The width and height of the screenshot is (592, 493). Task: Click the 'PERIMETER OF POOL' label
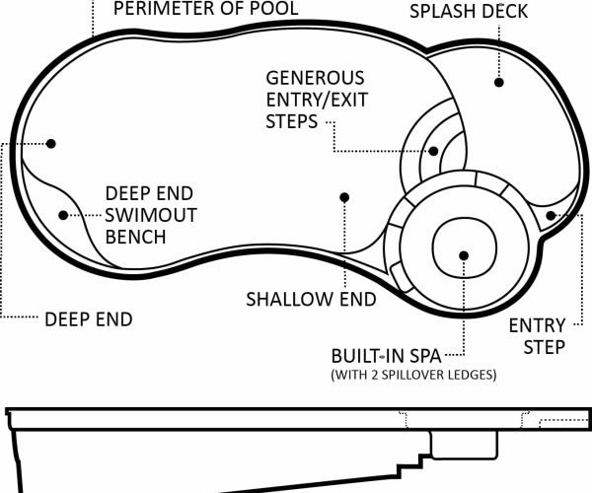pyautogui.click(x=206, y=10)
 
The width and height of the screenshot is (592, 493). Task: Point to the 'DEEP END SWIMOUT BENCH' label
pyautogui.click(x=149, y=215)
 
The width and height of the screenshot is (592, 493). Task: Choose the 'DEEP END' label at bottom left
pyautogui.click(x=89, y=319)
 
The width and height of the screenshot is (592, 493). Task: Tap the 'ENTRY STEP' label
pyautogui.click(x=537, y=336)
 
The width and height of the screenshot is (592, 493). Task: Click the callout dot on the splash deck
pyautogui.click(x=499, y=84)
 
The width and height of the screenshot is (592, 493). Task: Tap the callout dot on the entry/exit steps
pyautogui.click(x=434, y=151)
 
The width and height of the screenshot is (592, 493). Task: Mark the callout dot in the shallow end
pyautogui.click(x=344, y=197)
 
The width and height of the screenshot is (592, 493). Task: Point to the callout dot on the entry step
pyautogui.click(x=550, y=214)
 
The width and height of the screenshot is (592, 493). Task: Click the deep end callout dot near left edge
pyautogui.click(x=51, y=143)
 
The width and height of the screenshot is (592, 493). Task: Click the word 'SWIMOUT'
pyautogui.click(x=150, y=215)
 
